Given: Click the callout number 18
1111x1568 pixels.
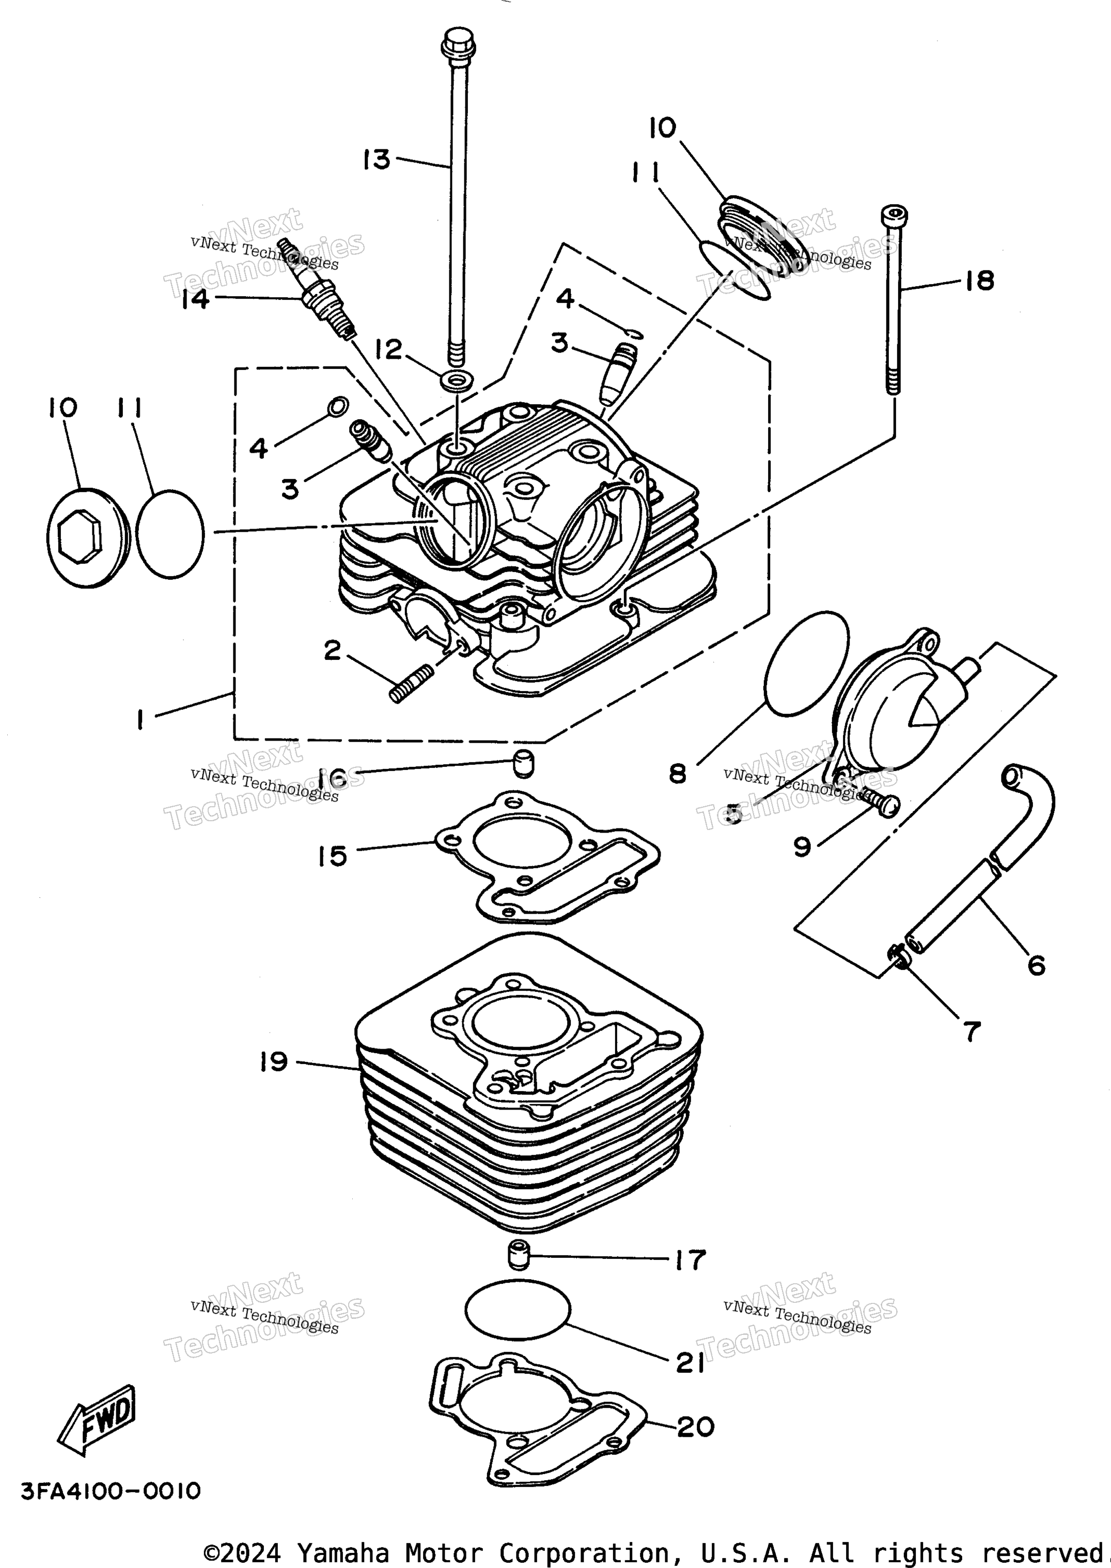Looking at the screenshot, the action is point(980,280).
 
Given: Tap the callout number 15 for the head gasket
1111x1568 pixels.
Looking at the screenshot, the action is point(333,855).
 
